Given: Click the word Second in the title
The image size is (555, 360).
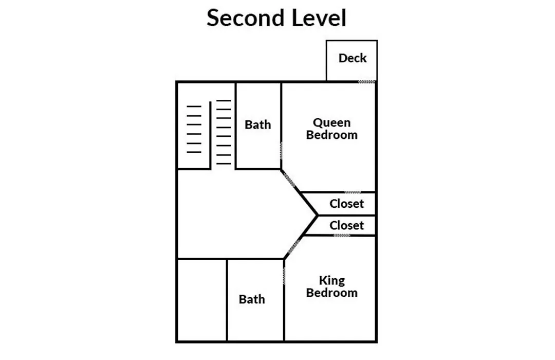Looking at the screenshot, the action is (246, 17).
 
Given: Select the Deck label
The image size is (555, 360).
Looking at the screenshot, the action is (352, 58).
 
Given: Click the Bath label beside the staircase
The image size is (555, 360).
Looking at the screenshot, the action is (257, 125).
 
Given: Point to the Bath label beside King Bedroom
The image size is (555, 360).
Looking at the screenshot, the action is (252, 299).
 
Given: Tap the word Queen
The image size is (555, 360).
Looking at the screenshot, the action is (331, 122).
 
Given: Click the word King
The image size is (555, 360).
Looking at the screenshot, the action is (331, 281).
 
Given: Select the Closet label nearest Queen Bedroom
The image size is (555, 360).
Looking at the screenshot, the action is (346, 204).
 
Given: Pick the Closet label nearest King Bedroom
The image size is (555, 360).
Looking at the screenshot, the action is (346, 225).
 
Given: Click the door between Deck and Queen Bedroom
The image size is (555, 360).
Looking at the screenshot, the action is (366, 82).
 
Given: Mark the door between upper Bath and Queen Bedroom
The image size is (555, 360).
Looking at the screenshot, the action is (282, 151).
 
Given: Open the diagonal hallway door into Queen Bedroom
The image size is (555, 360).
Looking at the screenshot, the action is (289, 179).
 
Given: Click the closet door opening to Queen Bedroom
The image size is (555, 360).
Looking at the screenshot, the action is (353, 192).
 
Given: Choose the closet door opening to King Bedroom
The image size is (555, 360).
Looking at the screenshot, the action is (342, 235).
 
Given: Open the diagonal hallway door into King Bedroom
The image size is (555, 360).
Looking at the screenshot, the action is (293, 247).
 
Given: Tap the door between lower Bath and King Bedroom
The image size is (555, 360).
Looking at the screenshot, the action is (284, 276).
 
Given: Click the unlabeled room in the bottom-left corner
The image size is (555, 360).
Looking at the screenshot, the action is (202, 300).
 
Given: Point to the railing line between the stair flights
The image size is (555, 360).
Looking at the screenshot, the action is (210, 136).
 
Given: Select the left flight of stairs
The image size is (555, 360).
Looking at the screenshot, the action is (194, 129).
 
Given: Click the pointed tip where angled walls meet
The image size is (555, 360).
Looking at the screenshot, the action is (318, 215).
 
